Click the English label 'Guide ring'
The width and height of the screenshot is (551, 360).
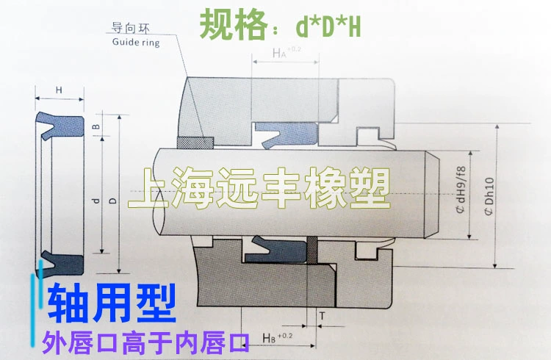coord(135,43)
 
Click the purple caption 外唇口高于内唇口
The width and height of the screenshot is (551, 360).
coord(147,340)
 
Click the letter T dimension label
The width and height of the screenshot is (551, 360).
coord(322,316)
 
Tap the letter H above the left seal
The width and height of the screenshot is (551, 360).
coord(60,90)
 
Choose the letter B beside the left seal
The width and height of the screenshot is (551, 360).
coord(96,127)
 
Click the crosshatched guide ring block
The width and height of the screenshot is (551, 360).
coord(195,141)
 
